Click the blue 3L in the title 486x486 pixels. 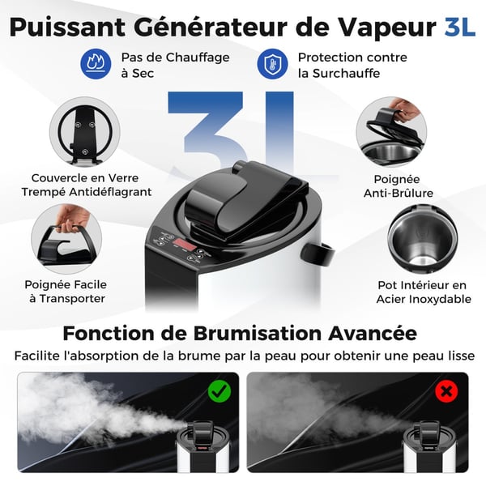tap(459, 28)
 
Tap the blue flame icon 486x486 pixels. tap(96, 63)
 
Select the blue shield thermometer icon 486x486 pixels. tap(272, 63)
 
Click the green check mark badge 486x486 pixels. tap(220, 391)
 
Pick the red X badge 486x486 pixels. tap(446, 391)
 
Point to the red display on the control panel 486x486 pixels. tap(185, 245)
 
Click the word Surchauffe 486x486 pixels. tap(346, 74)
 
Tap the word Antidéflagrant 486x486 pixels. tap(110, 192)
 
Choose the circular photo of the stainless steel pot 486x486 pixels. tap(423, 239)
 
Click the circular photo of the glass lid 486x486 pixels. tap(84, 132)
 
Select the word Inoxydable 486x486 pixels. tap(440, 299)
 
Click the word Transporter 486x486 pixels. tap(72, 299)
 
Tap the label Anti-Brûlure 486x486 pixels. tap(399, 193)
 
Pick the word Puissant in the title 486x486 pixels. tap(67, 28)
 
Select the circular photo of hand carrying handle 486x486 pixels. tap(66, 239)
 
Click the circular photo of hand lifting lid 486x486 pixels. tap(391, 132)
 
